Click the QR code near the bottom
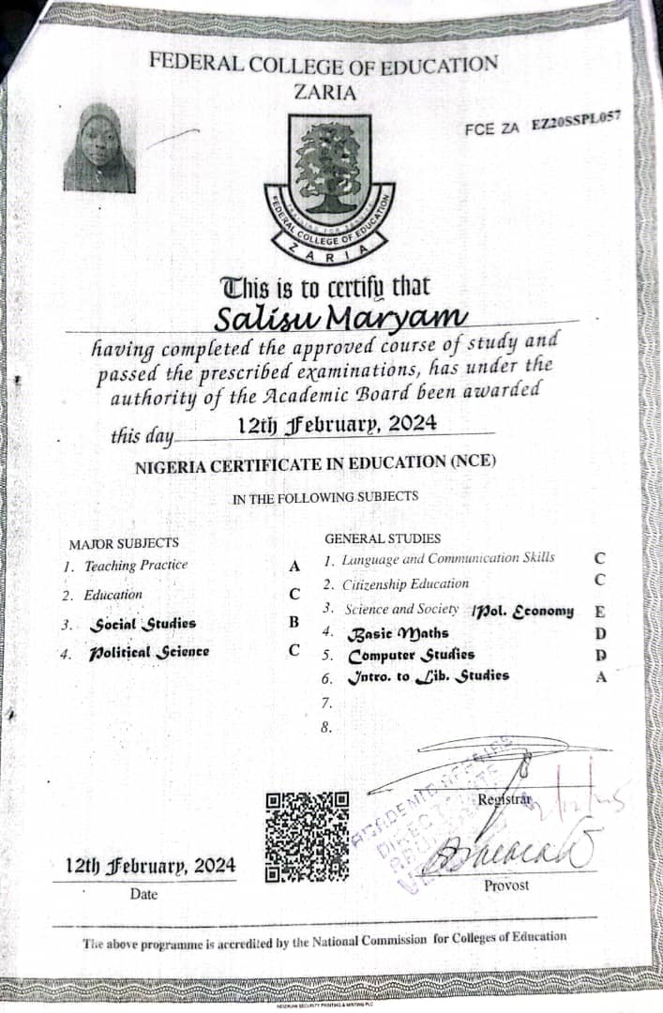pyautogui.click(x=308, y=837)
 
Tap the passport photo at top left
pyautogui.click(x=99, y=149)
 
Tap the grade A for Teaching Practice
pyautogui.click(x=294, y=566)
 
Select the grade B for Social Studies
pyautogui.click(x=294, y=622)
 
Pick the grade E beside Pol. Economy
pyautogui.click(x=599, y=612)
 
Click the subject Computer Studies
pyautogui.click(x=411, y=655)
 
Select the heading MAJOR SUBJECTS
pyautogui.click(x=124, y=543)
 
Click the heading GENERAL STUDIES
pyautogui.click(x=382, y=538)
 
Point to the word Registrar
pyautogui.click(x=505, y=799)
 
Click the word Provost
pyautogui.click(x=506, y=884)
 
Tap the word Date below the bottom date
pyautogui.click(x=143, y=894)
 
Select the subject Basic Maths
pyautogui.click(x=398, y=634)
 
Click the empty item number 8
pyautogui.click(x=326, y=725)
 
